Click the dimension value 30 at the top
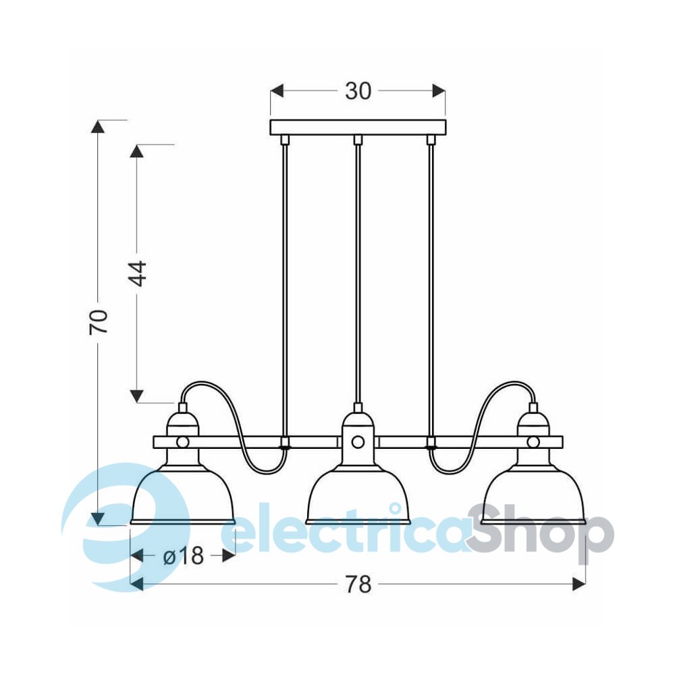(x=358, y=91)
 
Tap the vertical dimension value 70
(x=99, y=321)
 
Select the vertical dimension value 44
(x=138, y=274)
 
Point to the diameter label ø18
(x=184, y=556)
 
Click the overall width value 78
(x=358, y=585)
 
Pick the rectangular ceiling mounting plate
(x=358, y=128)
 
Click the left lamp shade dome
(x=182, y=495)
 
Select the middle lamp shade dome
(x=358, y=495)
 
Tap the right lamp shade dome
(x=533, y=495)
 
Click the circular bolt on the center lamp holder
(x=358, y=441)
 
